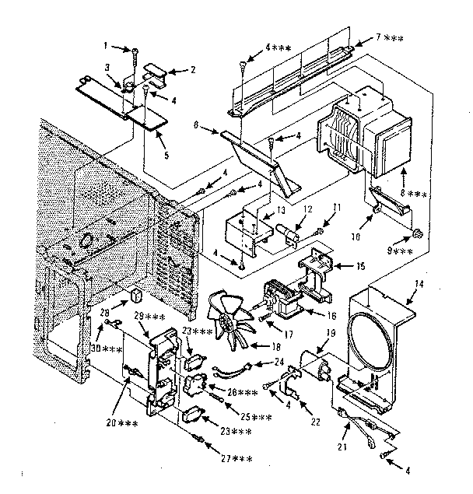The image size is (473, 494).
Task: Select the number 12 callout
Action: (286, 208)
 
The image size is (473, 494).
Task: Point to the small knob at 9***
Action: (417, 233)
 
